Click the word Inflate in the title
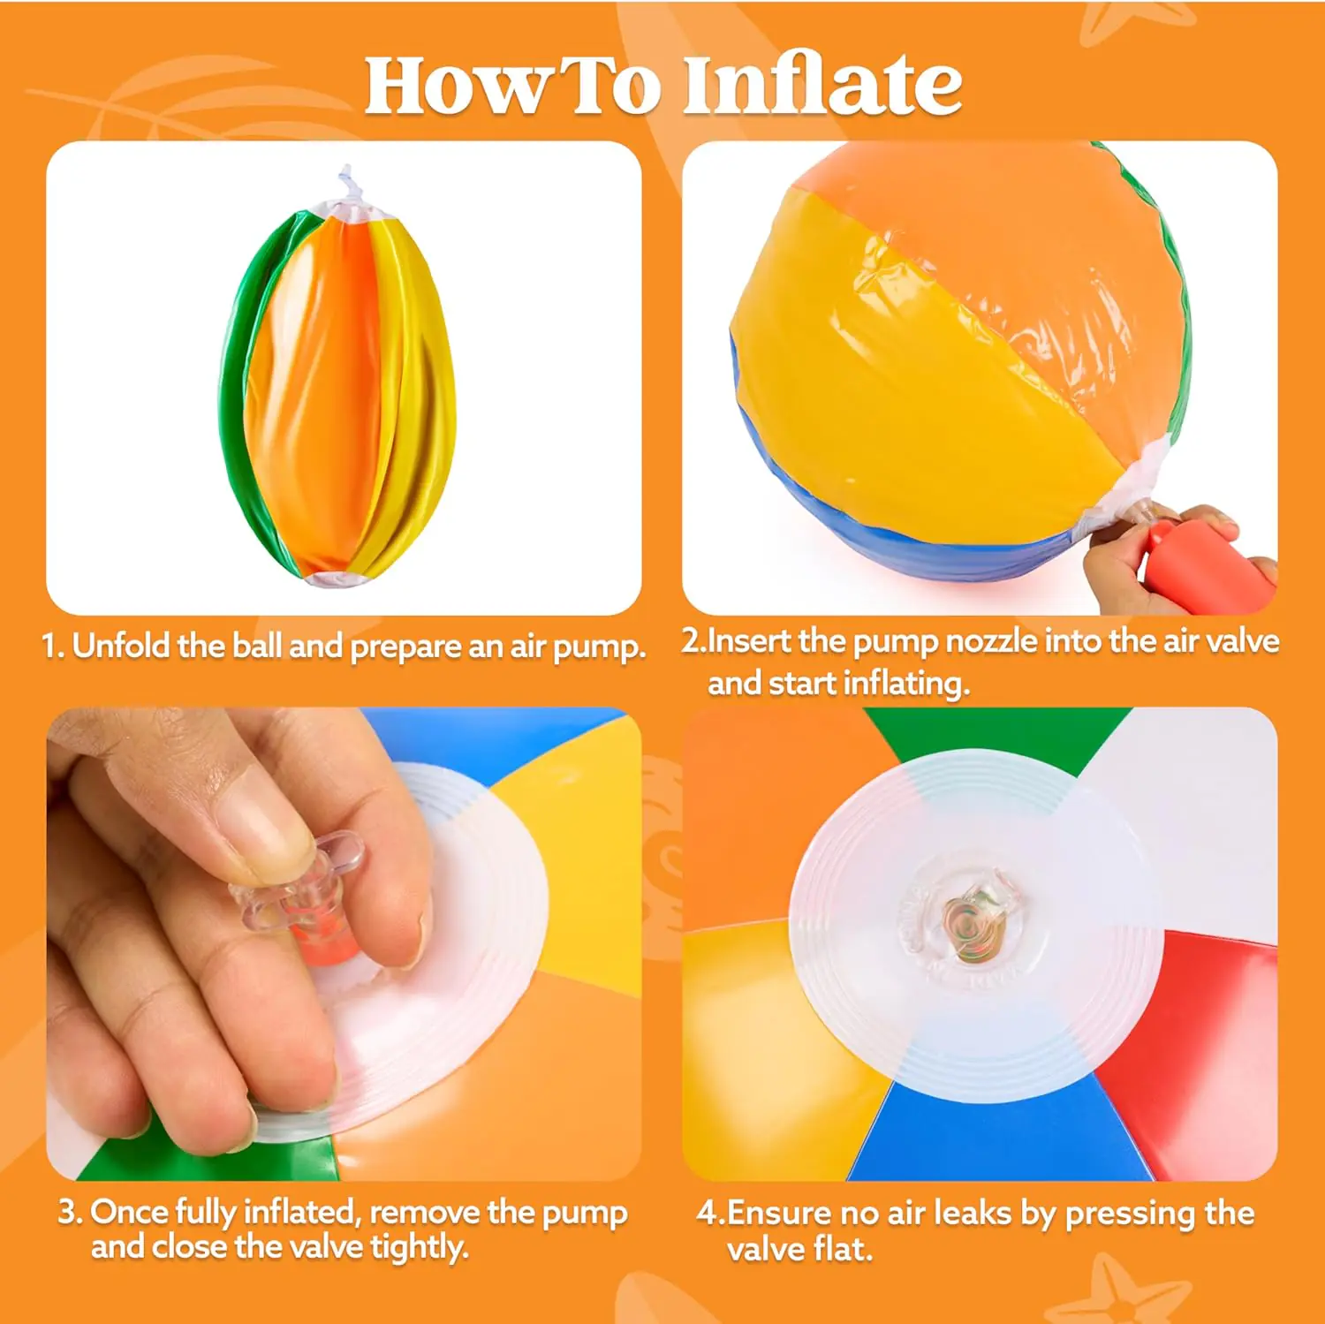point(822,85)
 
